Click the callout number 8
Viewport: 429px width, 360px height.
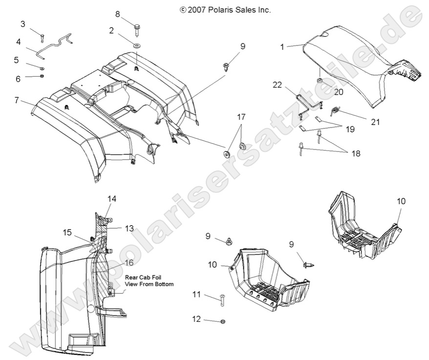click(117, 14)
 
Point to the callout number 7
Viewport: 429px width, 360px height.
click(17, 101)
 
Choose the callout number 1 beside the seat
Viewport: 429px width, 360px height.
click(282, 47)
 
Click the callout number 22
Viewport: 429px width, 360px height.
click(278, 85)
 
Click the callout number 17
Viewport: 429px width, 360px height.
click(241, 117)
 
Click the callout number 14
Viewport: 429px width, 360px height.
click(112, 199)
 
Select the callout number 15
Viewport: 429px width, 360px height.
click(67, 232)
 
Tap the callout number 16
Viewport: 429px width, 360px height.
click(129, 263)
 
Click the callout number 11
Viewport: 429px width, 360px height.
click(196, 295)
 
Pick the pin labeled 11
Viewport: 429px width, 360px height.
click(221, 302)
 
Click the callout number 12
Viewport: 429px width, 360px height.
click(196, 319)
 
